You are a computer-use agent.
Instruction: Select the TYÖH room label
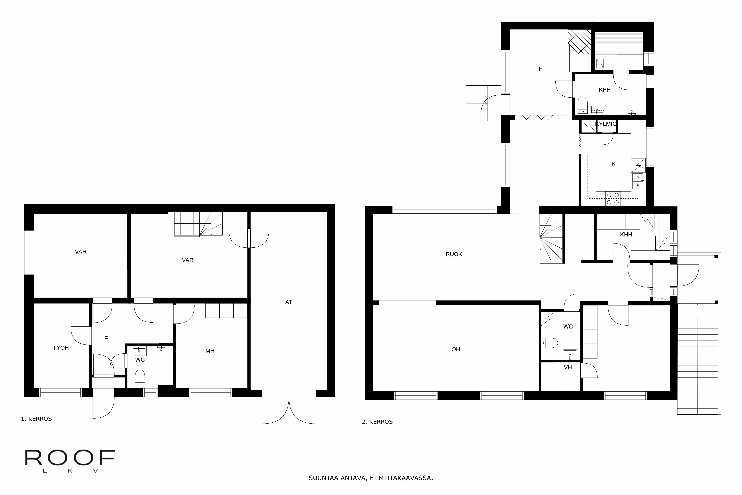pyautogui.click(x=61, y=348)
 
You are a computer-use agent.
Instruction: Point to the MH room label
pyautogui.click(x=210, y=351)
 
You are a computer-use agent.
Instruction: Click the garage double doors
pyautogui.click(x=289, y=410)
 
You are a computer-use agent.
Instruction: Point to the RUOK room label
pyautogui.click(x=454, y=254)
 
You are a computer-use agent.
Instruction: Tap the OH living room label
pyautogui.click(x=456, y=349)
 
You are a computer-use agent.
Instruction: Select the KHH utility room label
pyautogui.click(x=626, y=235)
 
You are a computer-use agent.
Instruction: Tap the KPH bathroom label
pyautogui.click(x=605, y=90)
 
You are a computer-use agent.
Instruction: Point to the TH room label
pyautogui.click(x=539, y=69)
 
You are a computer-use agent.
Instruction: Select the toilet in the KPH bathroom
pyautogui.click(x=582, y=105)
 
